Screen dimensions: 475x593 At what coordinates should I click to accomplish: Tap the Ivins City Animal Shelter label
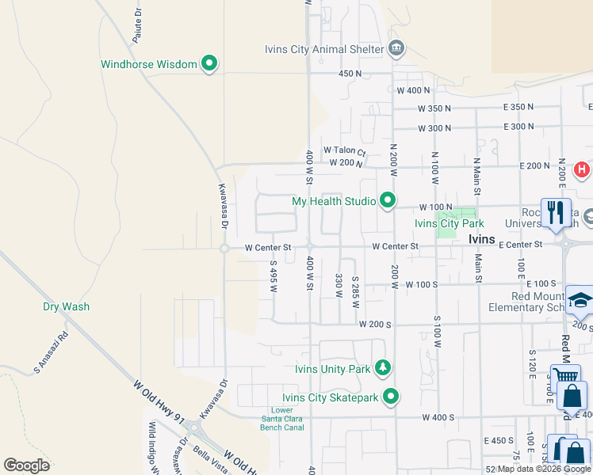pos(324,49)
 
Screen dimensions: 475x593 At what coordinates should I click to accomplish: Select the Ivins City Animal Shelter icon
pos(396,49)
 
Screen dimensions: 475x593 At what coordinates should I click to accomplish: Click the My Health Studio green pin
pos(388,200)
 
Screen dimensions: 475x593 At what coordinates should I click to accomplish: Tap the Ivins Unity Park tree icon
pos(384,368)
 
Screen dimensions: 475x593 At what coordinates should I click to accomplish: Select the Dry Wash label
pos(66,306)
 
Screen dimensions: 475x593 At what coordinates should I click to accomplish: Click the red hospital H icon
pos(582,169)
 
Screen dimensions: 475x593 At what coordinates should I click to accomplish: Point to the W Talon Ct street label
pos(344,150)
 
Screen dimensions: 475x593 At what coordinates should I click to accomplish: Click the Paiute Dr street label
pos(137,27)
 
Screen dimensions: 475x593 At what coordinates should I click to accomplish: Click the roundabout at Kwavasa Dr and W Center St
pos(225,248)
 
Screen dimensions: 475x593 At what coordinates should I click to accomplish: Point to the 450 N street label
pos(350,74)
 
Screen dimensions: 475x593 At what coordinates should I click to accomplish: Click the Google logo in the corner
pos(26,465)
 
